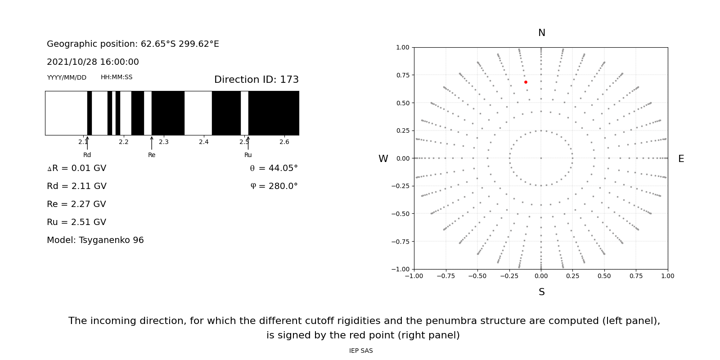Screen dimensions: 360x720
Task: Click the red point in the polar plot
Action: [x=526, y=82]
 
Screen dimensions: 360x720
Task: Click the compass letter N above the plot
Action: [x=541, y=33]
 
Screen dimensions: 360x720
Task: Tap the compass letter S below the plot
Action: [x=541, y=292]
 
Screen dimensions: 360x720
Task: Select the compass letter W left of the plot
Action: [x=383, y=159]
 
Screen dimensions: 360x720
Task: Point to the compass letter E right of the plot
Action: [x=681, y=159]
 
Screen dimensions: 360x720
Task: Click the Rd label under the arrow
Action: [x=87, y=155]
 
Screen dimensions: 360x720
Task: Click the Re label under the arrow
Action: [x=152, y=155]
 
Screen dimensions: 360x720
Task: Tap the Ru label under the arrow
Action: [x=248, y=155]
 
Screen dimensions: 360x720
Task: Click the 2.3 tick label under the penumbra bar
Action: [x=164, y=142]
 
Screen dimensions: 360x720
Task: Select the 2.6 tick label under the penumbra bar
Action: [x=284, y=142]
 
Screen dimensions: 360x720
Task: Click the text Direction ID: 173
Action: [x=256, y=80]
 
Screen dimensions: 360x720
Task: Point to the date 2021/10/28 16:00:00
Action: [x=93, y=62]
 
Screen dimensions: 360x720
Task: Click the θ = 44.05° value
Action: [x=274, y=168]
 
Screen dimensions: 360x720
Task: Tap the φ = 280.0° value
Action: [x=274, y=186]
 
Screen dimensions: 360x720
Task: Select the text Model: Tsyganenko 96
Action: [x=95, y=240]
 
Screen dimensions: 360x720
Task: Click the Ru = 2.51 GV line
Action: [x=76, y=222]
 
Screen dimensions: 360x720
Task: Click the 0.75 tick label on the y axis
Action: [x=403, y=75]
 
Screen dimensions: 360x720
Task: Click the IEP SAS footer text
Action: [x=361, y=351]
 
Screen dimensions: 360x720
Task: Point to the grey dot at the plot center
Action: [x=541, y=158]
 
